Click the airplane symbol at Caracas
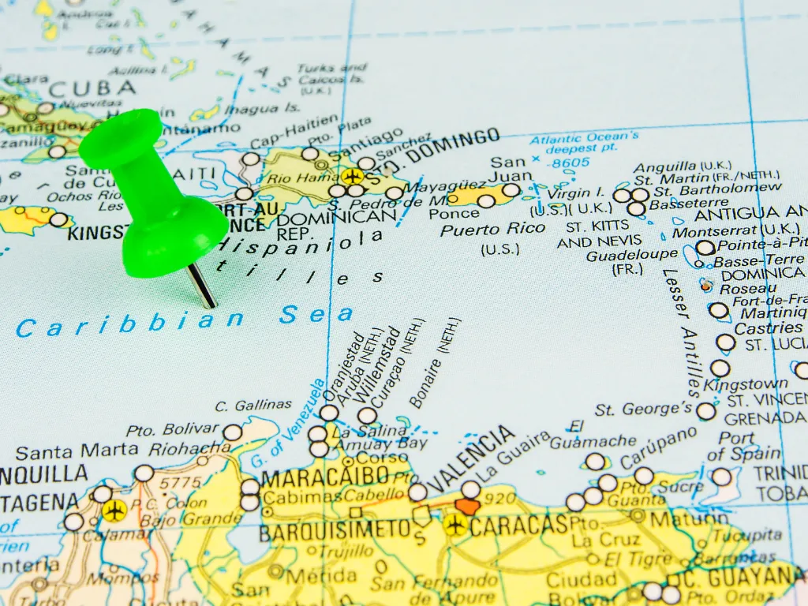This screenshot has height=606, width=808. (x=454, y=524)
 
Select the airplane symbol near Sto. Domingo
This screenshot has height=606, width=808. (x=352, y=176)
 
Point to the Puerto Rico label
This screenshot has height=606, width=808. (x=492, y=229)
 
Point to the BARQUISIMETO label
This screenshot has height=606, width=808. (x=335, y=529)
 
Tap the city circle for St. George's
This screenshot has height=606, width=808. (x=706, y=411)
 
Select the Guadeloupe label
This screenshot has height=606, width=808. (x=631, y=255)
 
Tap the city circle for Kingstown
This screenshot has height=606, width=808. (x=720, y=368)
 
